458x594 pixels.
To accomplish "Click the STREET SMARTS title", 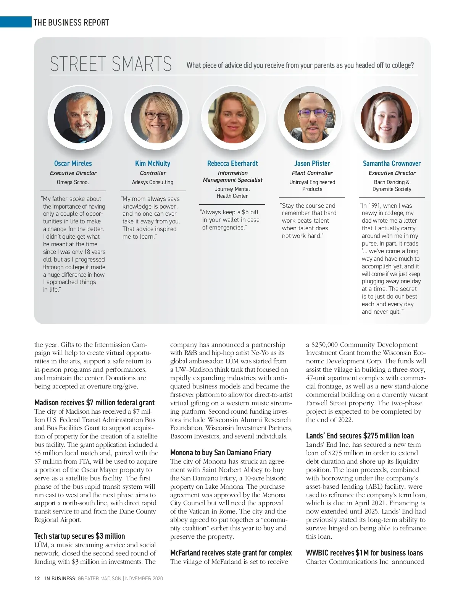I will (111, 64).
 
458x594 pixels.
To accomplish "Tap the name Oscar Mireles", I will (73, 164).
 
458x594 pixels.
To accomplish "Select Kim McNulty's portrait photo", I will (156, 118).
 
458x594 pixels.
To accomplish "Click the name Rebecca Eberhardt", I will (232, 164).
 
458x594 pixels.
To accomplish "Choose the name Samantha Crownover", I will (392, 164).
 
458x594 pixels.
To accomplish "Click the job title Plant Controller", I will (312, 173).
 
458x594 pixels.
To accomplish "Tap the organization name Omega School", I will (73, 182).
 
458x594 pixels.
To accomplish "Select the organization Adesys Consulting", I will (153, 182).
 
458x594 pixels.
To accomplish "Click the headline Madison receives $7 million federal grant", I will (94, 403).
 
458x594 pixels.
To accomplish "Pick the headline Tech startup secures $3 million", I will (79, 536).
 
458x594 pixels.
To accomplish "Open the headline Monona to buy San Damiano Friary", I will (221, 453).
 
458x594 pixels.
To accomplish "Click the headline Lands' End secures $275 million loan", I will (360, 436).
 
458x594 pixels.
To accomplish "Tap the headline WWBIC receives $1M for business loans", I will (364, 553).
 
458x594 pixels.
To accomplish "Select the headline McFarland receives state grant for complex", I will (231, 553).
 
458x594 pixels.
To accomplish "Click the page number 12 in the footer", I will (37, 578).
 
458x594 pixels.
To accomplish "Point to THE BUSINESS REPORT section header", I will (71, 22).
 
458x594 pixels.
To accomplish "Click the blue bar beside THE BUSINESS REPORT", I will (16, 22).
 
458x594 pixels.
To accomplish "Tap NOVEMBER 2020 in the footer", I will (144, 578).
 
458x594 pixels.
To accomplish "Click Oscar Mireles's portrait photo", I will (80, 118).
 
